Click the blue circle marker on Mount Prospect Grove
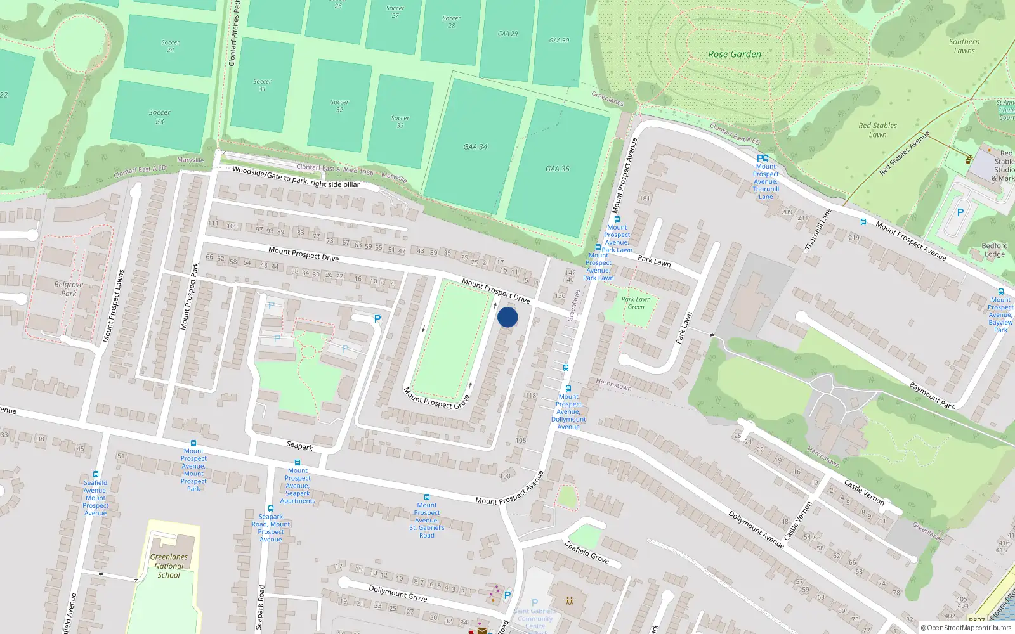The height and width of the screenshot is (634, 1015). click(x=507, y=317)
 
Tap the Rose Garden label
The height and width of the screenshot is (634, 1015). click(x=735, y=55)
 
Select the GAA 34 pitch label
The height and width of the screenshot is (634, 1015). click(x=475, y=146)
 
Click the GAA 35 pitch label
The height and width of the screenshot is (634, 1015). click(x=558, y=169)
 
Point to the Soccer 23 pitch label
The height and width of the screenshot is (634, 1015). click(x=160, y=117)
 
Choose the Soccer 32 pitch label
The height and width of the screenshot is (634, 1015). click(x=339, y=106)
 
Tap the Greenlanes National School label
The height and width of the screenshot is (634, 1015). click(x=169, y=566)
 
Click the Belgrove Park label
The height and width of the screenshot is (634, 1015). click(x=69, y=289)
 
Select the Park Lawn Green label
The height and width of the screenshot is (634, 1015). click(x=636, y=303)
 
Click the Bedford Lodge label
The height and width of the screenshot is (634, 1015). click(x=994, y=250)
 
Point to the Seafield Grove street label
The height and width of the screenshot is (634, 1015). click(x=587, y=552)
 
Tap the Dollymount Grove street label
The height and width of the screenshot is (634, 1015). click(x=398, y=593)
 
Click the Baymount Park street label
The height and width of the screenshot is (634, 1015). click(x=931, y=396)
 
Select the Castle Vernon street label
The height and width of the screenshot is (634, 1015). click(x=864, y=492)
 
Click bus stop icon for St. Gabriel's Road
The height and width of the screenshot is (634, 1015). click(x=427, y=497)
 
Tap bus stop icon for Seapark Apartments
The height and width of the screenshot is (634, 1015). click(x=298, y=463)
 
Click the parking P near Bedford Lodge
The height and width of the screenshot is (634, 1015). click(x=960, y=213)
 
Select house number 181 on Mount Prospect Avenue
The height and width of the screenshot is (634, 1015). click(x=645, y=198)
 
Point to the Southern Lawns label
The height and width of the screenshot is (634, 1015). click(x=964, y=46)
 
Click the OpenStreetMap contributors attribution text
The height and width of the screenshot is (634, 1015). click(x=966, y=628)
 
